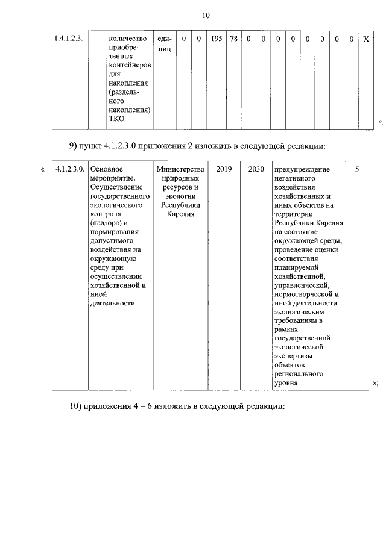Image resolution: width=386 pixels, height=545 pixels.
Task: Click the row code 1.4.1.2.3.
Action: [68, 39]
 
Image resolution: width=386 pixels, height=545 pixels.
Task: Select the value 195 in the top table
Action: [217, 39]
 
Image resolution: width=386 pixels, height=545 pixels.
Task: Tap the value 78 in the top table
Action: [234, 39]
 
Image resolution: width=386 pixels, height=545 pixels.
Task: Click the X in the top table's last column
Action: [366, 39]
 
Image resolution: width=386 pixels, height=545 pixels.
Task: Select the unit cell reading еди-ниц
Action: [165, 43]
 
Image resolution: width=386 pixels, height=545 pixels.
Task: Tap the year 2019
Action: [224, 170]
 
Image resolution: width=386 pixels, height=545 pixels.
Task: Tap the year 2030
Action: [256, 170]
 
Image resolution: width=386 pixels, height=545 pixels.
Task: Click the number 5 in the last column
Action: [357, 170]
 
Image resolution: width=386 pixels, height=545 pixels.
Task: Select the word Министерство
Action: [180, 170]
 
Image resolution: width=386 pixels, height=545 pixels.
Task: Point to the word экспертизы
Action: [296, 356]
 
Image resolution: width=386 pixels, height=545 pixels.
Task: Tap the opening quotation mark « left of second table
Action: [42, 170]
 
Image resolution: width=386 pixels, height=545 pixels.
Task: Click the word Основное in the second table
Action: [106, 170]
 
